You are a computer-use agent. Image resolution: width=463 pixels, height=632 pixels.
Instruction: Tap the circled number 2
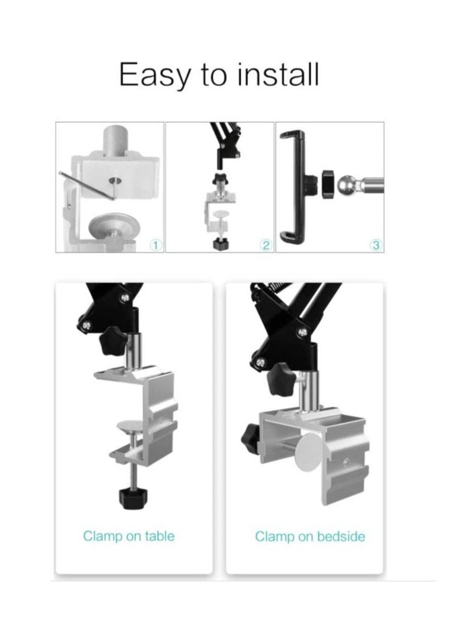[266, 244]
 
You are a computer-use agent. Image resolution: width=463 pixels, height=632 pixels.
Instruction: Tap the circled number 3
[375, 244]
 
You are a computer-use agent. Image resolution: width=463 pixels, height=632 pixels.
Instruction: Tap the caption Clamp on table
[129, 537]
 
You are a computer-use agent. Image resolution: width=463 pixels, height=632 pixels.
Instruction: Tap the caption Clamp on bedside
[310, 537]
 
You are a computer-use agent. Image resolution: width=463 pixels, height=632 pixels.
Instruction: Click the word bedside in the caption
[341, 537]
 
